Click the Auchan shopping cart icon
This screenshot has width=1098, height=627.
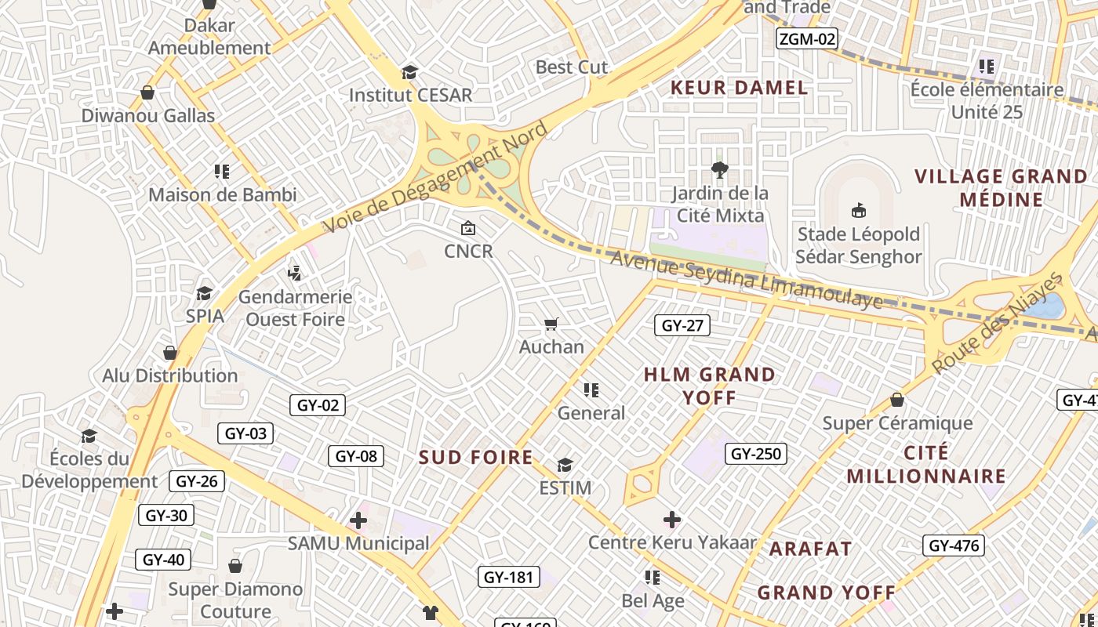551,324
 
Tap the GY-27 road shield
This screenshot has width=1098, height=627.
682,325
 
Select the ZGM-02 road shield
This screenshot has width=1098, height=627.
807,38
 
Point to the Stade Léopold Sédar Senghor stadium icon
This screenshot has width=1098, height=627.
859,210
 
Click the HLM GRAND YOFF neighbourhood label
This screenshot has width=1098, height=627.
709,386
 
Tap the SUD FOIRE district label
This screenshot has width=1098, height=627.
475,457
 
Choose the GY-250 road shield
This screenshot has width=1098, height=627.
756,454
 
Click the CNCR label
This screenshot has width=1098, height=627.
468,251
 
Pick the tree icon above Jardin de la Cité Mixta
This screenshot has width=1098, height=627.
719,169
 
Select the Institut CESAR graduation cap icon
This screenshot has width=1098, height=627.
409,73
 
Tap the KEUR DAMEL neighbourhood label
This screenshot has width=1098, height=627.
739,88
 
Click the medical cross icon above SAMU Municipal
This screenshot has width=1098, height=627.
358,520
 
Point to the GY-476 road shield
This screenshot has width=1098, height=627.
954,545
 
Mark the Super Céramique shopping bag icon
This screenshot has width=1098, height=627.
897,400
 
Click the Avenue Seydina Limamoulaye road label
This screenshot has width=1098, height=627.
747,279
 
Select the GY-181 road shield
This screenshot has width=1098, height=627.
508,578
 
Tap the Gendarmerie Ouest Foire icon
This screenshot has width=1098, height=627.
295,274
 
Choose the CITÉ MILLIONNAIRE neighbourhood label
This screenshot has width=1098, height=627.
925,465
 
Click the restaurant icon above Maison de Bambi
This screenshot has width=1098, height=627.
222,171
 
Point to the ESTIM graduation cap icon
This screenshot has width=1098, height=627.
565,466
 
